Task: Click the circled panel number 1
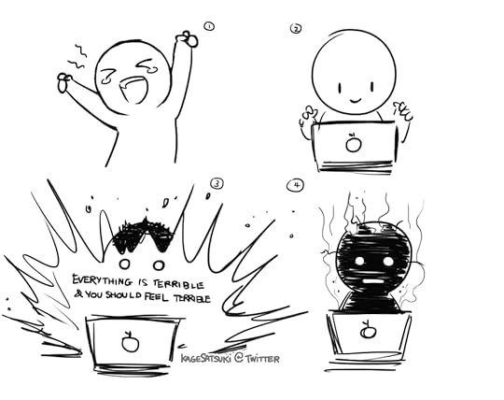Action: pos(209,26)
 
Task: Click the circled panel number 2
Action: pos(296,29)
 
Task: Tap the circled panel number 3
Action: pos(217,184)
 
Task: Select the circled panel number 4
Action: pos(295,186)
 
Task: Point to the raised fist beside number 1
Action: pos(187,39)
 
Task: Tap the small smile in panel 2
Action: pos(356,101)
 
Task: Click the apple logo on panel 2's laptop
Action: pos(354,143)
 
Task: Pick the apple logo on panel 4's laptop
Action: pos(369,330)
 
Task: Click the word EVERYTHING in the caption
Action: pos(102,280)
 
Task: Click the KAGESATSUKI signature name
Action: pos(206,358)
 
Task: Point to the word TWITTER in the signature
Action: pos(262,359)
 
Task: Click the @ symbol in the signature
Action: pos(239,357)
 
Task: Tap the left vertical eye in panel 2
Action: pos(340,88)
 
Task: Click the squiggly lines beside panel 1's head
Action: pos(77,57)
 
